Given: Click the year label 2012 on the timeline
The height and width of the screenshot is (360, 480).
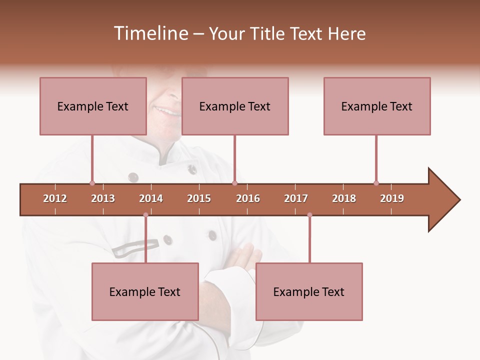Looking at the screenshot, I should (55, 198).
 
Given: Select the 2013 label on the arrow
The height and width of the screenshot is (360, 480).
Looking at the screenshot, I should (103, 198).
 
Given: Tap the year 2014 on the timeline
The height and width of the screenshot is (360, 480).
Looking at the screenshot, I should (151, 198).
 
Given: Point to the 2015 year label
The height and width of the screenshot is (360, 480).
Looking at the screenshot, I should (199, 198).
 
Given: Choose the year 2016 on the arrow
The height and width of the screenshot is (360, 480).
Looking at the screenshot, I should (248, 198).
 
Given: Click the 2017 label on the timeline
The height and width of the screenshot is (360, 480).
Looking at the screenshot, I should (296, 198).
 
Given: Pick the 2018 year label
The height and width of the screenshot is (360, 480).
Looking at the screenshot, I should (344, 198).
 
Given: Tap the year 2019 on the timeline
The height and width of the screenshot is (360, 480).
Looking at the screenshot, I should (392, 198).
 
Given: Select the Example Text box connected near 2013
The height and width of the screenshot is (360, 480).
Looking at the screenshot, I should (93, 106).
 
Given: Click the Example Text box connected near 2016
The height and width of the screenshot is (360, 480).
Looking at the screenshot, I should (235, 106).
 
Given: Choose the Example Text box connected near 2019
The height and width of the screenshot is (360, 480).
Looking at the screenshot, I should (377, 106).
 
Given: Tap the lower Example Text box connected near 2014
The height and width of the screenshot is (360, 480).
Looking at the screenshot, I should (145, 291).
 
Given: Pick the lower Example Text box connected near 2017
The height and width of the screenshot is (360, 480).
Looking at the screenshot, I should (309, 291).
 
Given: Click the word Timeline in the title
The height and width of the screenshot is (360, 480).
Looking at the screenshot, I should (150, 33).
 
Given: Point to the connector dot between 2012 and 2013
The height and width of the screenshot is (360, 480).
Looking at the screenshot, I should (92, 183).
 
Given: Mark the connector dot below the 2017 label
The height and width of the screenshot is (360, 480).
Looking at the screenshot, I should (309, 215).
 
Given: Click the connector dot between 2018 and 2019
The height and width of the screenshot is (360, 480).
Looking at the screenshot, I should (376, 183).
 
